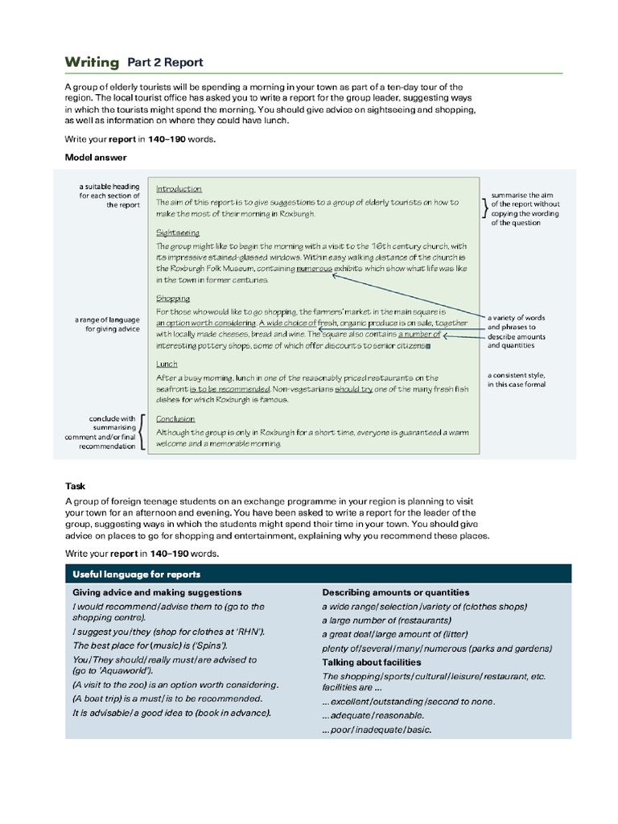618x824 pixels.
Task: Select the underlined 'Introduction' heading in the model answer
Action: click(179, 189)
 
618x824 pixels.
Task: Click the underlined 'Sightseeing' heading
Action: click(178, 233)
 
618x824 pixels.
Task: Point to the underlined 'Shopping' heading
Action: click(173, 299)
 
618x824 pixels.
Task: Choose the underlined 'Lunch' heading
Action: click(167, 365)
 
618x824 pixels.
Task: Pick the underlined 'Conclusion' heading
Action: click(175, 418)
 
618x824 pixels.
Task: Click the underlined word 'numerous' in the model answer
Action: click(314, 268)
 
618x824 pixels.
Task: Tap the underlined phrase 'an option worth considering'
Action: click(204, 323)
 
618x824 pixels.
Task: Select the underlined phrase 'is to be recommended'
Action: click(229, 389)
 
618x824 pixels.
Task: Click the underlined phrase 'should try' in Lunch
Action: click(353, 389)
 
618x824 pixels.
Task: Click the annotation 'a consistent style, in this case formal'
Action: click(517, 380)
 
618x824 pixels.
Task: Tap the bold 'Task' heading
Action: click(76, 486)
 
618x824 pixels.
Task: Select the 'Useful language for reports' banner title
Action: click(137, 575)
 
